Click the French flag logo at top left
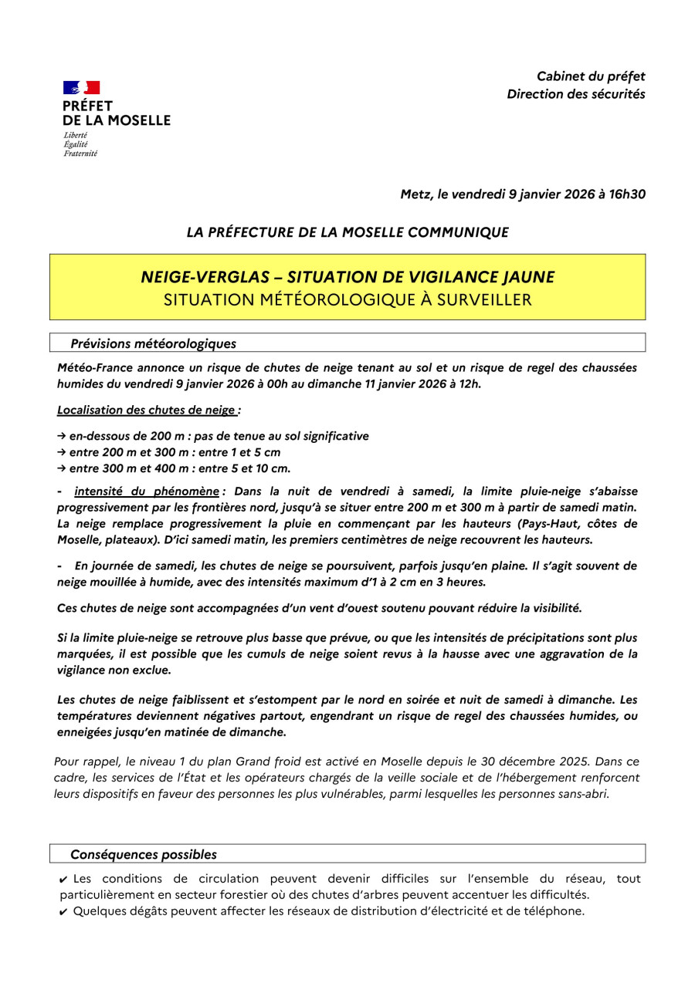pyautogui.click(x=81, y=88)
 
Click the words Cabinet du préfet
pyautogui.click(x=591, y=76)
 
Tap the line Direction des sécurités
pyautogui.click(x=576, y=94)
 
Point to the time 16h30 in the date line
pyautogui.click(x=627, y=194)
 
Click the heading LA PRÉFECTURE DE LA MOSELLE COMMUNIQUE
pyautogui.click(x=347, y=232)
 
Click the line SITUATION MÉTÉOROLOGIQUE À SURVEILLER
pyautogui.click(x=347, y=300)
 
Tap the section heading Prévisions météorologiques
pyautogui.click(x=154, y=343)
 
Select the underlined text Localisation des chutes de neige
pyautogui.click(x=146, y=410)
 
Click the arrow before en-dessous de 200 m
pyautogui.click(x=62, y=437)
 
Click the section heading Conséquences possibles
pyautogui.click(x=144, y=855)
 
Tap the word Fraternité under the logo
pyautogui.click(x=80, y=154)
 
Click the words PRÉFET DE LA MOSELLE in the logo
pyautogui.click(x=116, y=113)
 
